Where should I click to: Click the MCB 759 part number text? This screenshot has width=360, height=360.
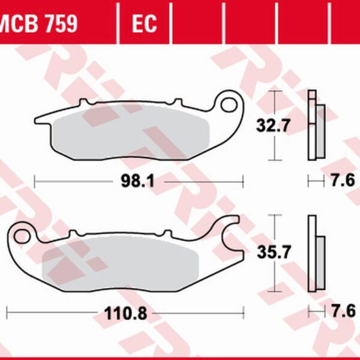tap(38, 24)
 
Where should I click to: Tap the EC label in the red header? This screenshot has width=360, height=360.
tap(143, 24)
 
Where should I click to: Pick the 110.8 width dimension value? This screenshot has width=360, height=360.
tap(125, 313)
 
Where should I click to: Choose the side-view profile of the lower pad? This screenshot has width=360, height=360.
tap(314, 251)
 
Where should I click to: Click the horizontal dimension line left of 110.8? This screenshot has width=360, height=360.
tap(54, 313)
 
